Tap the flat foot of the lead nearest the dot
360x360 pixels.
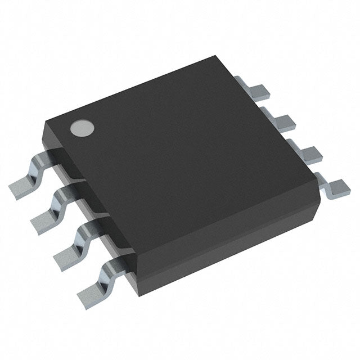pyautogui.click(x=23, y=185)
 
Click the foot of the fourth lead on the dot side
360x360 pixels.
pyautogui.click(x=91, y=290)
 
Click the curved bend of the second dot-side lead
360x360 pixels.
pyautogui.click(x=61, y=197)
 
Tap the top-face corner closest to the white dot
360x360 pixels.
pyautogui.click(x=48, y=120)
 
